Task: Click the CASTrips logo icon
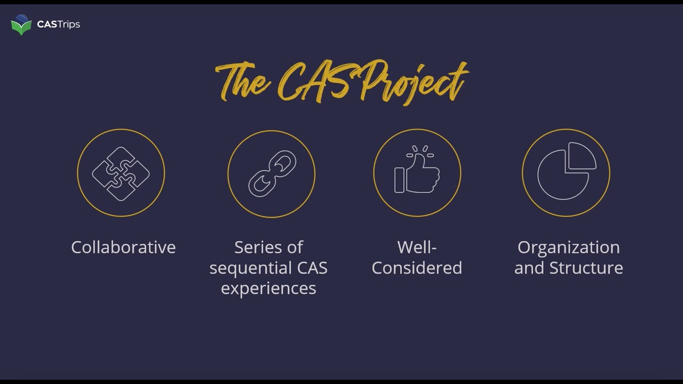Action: point(21,25)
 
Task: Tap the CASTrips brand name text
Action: point(59,25)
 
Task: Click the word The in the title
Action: point(243,83)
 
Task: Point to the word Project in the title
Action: point(411,83)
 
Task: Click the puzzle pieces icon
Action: point(121,173)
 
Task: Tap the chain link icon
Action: point(272,173)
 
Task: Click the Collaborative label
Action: point(123,247)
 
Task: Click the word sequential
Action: point(250,268)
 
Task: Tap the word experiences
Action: point(268,288)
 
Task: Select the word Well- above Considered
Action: point(417,247)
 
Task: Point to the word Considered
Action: point(417,268)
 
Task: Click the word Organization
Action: point(568,247)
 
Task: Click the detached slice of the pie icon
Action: point(581,156)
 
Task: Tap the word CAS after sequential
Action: point(311,268)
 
